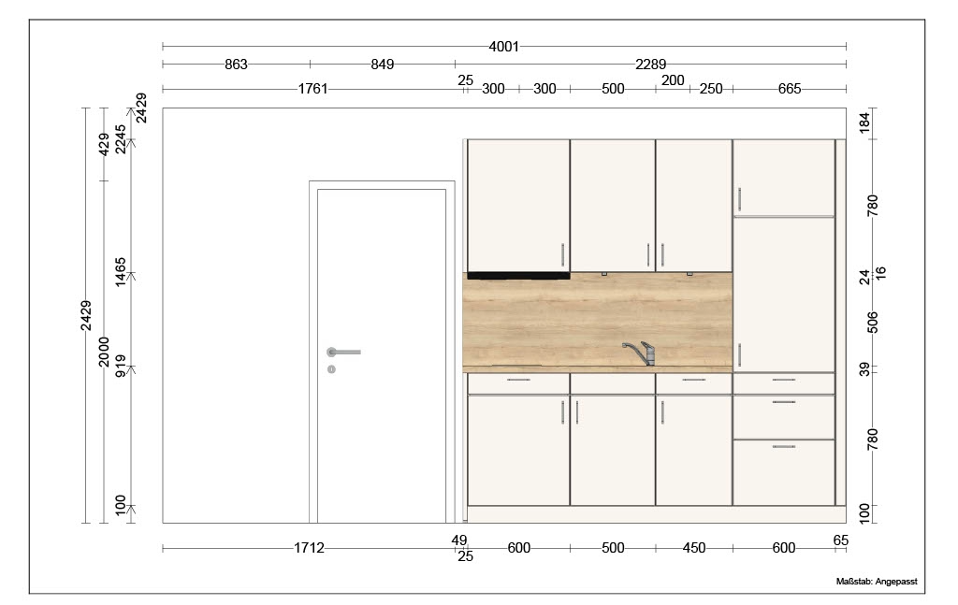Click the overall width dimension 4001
pyautogui.click(x=503, y=47)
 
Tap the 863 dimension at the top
pyautogui.click(x=236, y=65)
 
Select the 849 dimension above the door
pyautogui.click(x=383, y=65)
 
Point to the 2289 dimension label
pyautogui.click(x=651, y=65)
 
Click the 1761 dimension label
pyautogui.click(x=312, y=89)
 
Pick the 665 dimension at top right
pyautogui.click(x=790, y=89)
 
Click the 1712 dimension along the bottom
pyautogui.click(x=309, y=548)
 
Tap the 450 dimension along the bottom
pyautogui.click(x=694, y=548)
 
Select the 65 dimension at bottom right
pyautogui.click(x=841, y=540)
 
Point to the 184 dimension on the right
pyautogui.click(x=864, y=122)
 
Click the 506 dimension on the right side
pyautogui.click(x=873, y=323)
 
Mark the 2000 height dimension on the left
pyautogui.click(x=104, y=352)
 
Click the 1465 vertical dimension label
pyautogui.click(x=121, y=272)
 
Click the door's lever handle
pyautogui.click(x=343, y=353)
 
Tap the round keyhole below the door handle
pyautogui.click(x=331, y=369)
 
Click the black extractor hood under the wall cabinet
pyautogui.click(x=518, y=276)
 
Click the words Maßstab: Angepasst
pyautogui.click(x=877, y=582)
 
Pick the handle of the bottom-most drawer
pyautogui.click(x=784, y=447)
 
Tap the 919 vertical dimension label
pyautogui.click(x=121, y=366)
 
